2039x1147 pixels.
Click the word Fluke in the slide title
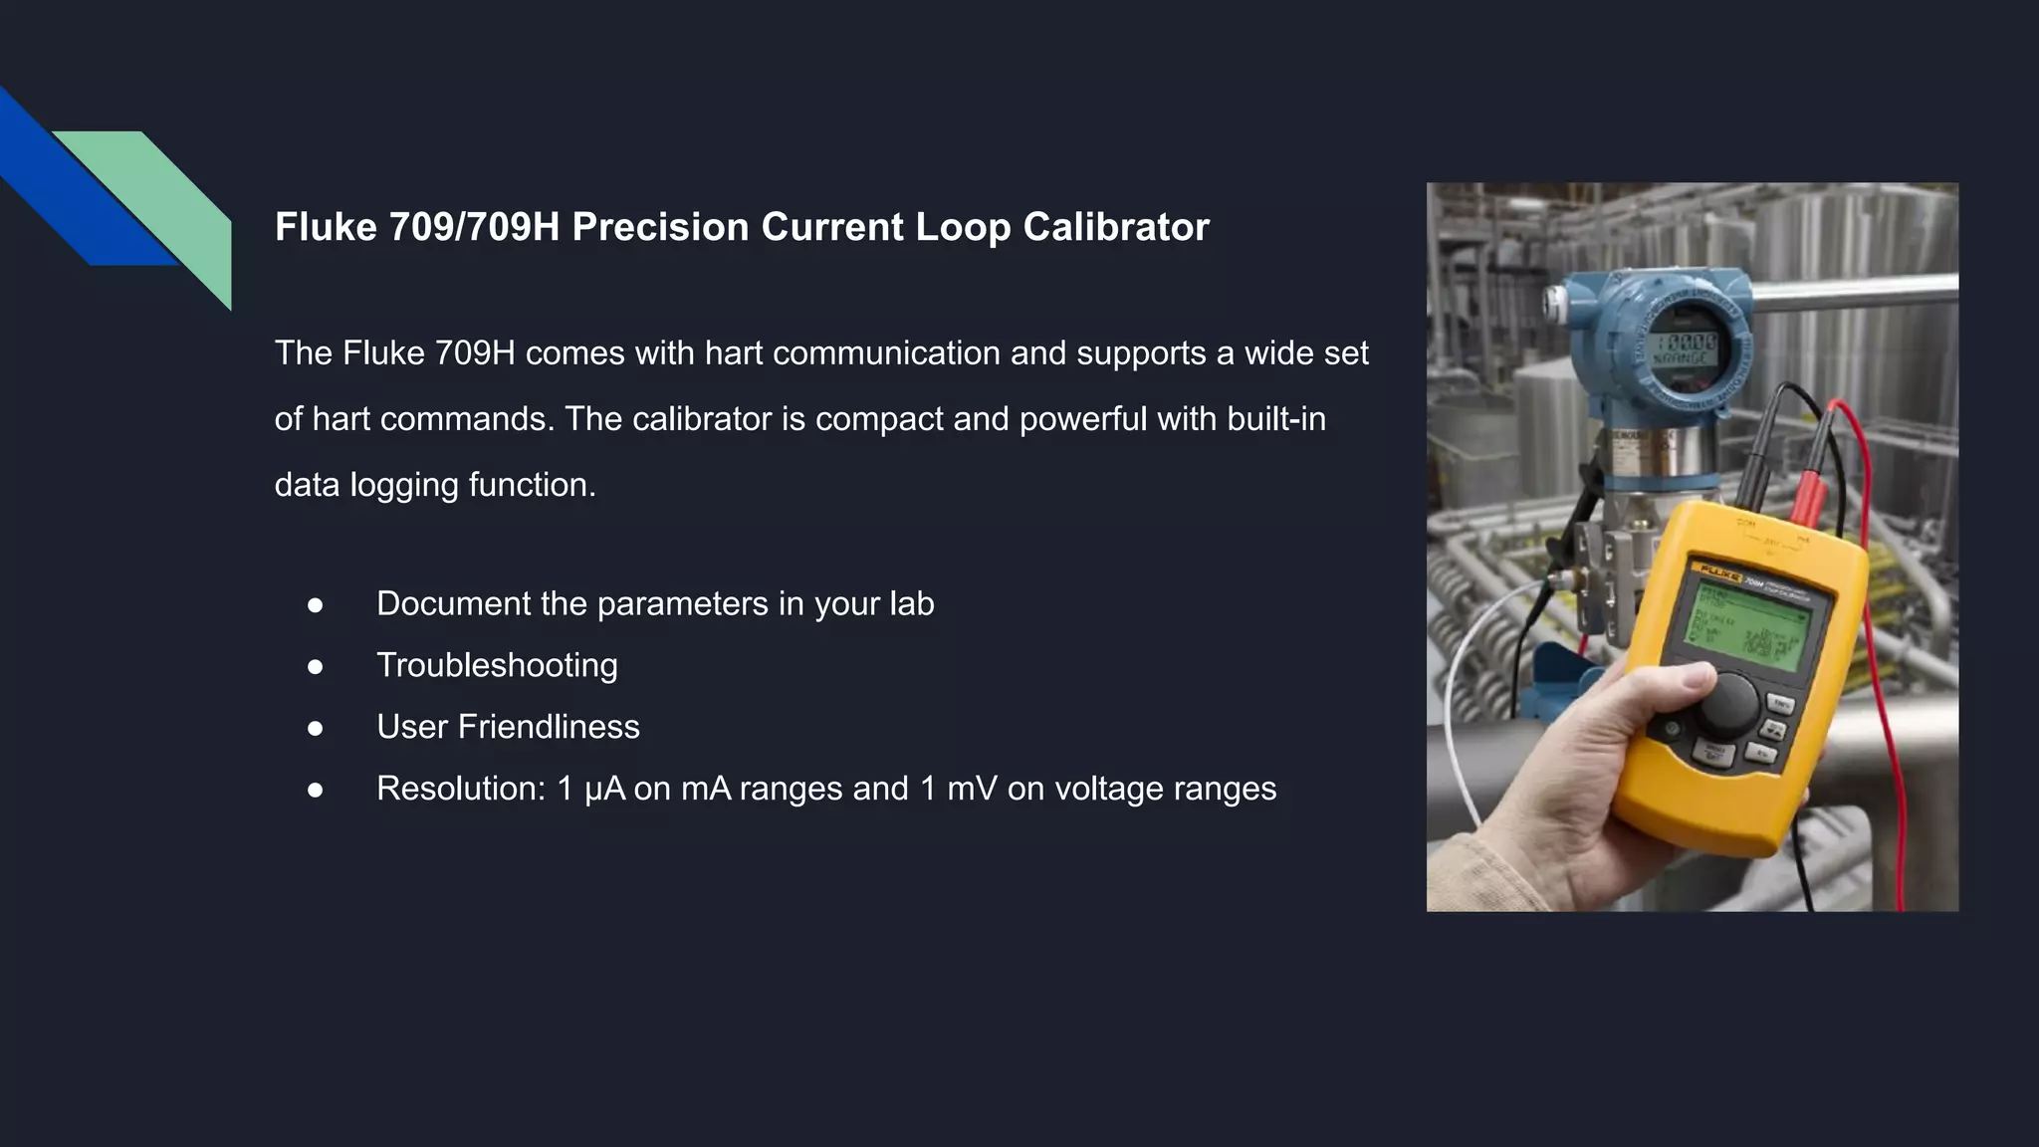(326, 227)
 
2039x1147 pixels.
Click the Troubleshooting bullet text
(497, 665)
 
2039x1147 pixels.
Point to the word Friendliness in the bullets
(548, 727)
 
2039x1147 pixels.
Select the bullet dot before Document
(316, 604)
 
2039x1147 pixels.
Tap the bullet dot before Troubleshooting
(316, 666)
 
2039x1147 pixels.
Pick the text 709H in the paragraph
(475, 353)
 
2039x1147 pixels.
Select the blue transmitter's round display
(1685, 349)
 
